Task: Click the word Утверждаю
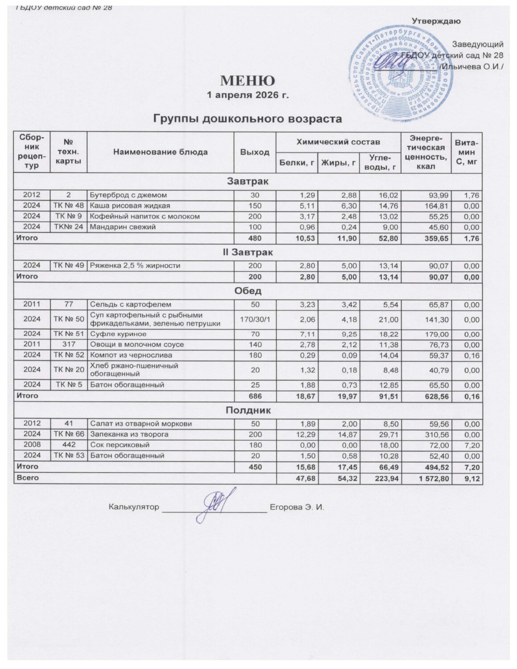(436, 21)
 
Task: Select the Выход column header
(255, 152)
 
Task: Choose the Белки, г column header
(296, 163)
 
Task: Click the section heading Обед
(248, 291)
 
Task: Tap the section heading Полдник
(248, 410)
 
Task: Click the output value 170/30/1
(255, 319)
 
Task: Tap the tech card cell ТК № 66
(69, 434)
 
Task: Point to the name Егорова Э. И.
(297, 507)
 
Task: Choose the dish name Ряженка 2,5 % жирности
(135, 265)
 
